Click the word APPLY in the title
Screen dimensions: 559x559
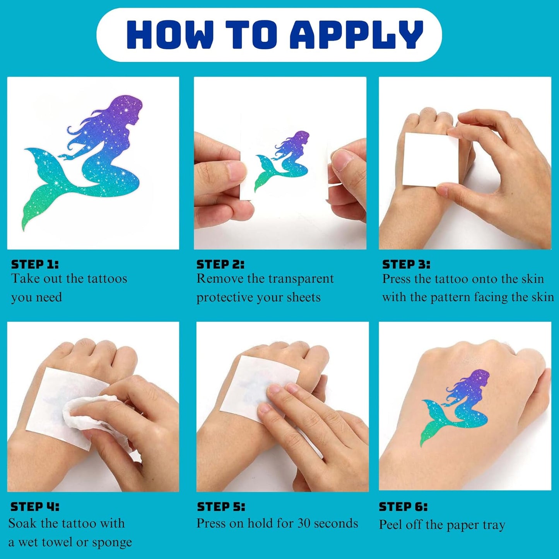pos(356,34)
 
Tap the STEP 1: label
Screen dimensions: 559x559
pos(35,264)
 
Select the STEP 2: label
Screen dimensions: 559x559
pos(221,264)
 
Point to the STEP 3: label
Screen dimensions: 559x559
pos(406,264)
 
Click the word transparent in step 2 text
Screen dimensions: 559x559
pos(301,279)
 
